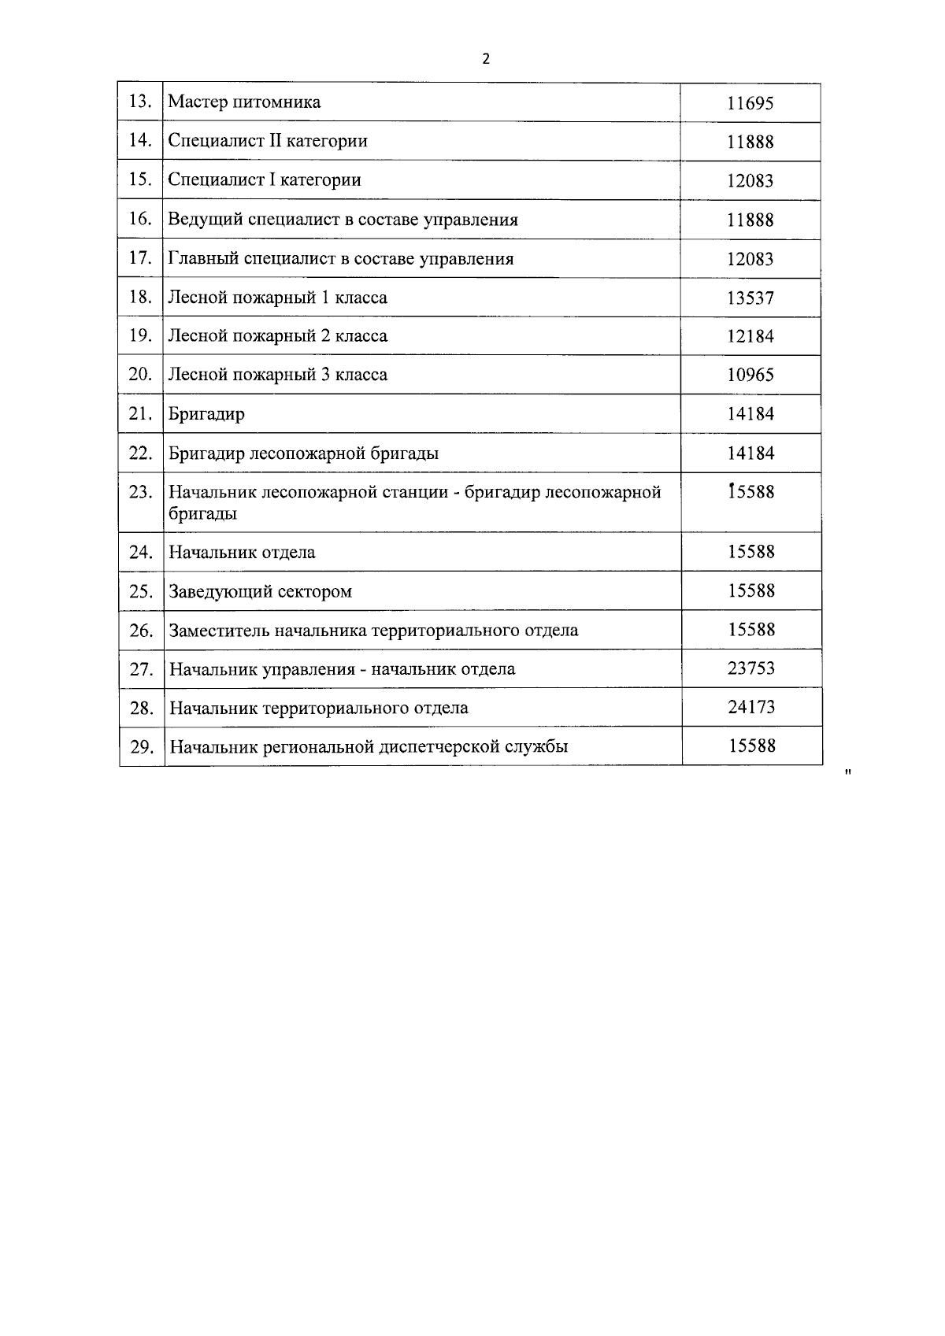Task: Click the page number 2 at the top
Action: pyautogui.click(x=486, y=59)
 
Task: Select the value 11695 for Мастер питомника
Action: pyautogui.click(x=750, y=103)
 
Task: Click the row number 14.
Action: pyautogui.click(x=139, y=140)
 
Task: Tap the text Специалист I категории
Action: pyautogui.click(x=265, y=179)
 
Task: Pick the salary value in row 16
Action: pyautogui.click(x=750, y=220)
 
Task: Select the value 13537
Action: pyautogui.click(x=750, y=298)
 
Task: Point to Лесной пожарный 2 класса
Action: pyautogui.click(x=277, y=336)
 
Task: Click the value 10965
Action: pyautogui.click(x=750, y=375)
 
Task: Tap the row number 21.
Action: pyautogui.click(x=139, y=413)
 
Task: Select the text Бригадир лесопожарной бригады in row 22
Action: pyautogui.click(x=303, y=453)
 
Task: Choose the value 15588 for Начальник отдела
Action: pyautogui.click(x=750, y=551)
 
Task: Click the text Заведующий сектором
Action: pyautogui.click(x=260, y=591)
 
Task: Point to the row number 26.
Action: pyautogui.click(x=140, y=631)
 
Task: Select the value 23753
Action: pyautogui.click(x=750, y=668)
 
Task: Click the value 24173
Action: pyautogui.click(x=750, y=707)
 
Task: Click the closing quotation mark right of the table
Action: pyautogui.click(x=847, y=772)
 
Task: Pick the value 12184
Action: pyautogui.click(x=750, y=336)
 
